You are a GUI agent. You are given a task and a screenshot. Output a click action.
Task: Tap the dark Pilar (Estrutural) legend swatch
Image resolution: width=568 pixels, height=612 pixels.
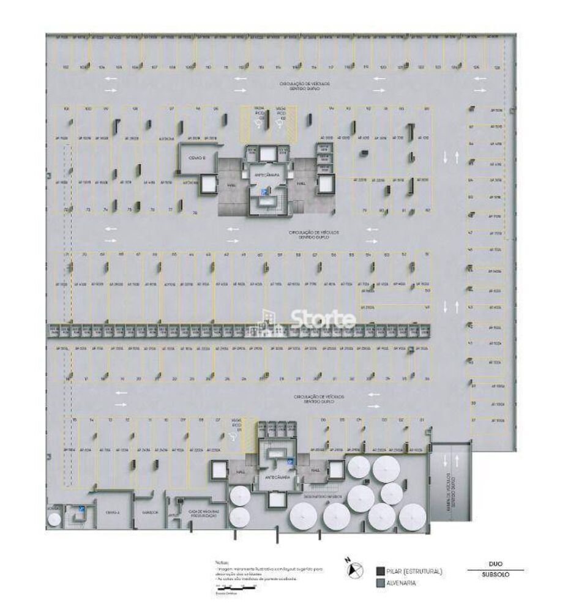point(380,571)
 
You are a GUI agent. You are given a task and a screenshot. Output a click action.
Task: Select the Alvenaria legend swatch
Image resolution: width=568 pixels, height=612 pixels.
point(380,583)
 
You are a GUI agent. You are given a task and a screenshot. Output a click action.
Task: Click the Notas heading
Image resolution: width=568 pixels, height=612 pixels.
point(221,561)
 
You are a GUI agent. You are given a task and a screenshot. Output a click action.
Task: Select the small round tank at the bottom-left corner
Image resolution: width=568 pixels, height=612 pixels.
point(55,519)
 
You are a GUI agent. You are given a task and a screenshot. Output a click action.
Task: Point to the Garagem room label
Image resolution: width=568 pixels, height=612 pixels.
point(151,512)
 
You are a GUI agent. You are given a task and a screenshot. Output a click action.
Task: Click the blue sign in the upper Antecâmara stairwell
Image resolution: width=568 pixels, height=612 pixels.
point(264,192)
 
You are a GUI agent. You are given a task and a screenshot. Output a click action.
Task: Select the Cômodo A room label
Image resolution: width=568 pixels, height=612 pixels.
point(111,512)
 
